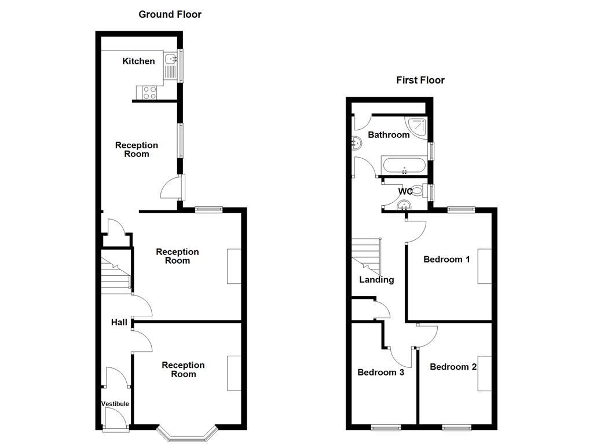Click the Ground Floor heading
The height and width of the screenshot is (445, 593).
[170, 14]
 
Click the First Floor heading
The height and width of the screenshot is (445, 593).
[420, 81]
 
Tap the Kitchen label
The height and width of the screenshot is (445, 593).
[138, 61]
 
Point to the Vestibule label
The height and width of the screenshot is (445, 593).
[115, 404]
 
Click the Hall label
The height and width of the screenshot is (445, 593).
[119, 322]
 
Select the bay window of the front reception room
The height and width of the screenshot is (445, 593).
[188, 432]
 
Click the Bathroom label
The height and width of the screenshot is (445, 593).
[389, 135]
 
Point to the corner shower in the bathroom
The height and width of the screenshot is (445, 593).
[418, 126]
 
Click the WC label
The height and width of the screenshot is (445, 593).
[405, 191]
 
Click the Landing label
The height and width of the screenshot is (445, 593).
[376, 280]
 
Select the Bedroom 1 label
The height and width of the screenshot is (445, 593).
[446, 259]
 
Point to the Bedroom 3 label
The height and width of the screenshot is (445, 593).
[380, 372]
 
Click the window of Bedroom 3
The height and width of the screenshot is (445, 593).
[386, 428]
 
